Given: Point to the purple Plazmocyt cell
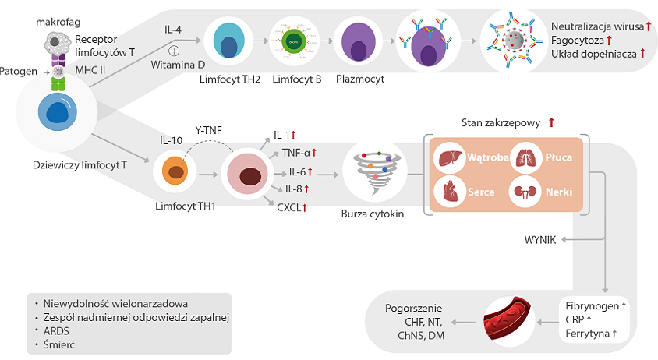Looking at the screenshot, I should tap(356, 43).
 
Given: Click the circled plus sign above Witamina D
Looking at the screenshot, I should tap(174, 50).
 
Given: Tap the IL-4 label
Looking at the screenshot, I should tap(173, 30).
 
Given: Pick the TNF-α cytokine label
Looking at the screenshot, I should tap(297, 153).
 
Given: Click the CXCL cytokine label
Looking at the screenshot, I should tap(290, 207).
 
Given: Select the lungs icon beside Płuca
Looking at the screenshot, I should tap(523, 157).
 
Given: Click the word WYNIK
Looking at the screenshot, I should tap(540, 240).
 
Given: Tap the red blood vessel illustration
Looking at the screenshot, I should tap(508, 320).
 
